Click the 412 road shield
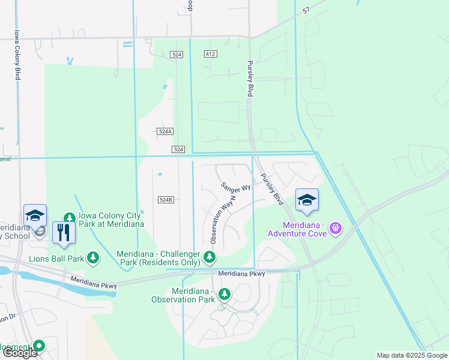tap(209, 54)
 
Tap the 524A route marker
tap(166, 131)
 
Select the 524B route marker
tap(166, 199)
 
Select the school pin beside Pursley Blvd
tap(307, 200)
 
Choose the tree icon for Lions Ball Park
tap(92, 258)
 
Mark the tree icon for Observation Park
tap(224, 294)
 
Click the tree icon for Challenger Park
tap(209, 257)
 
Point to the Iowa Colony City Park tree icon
tap(70, 218)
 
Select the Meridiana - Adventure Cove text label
tap(297, 229)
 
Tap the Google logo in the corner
tap(19, 353)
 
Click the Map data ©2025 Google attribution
tap(412, 355)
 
